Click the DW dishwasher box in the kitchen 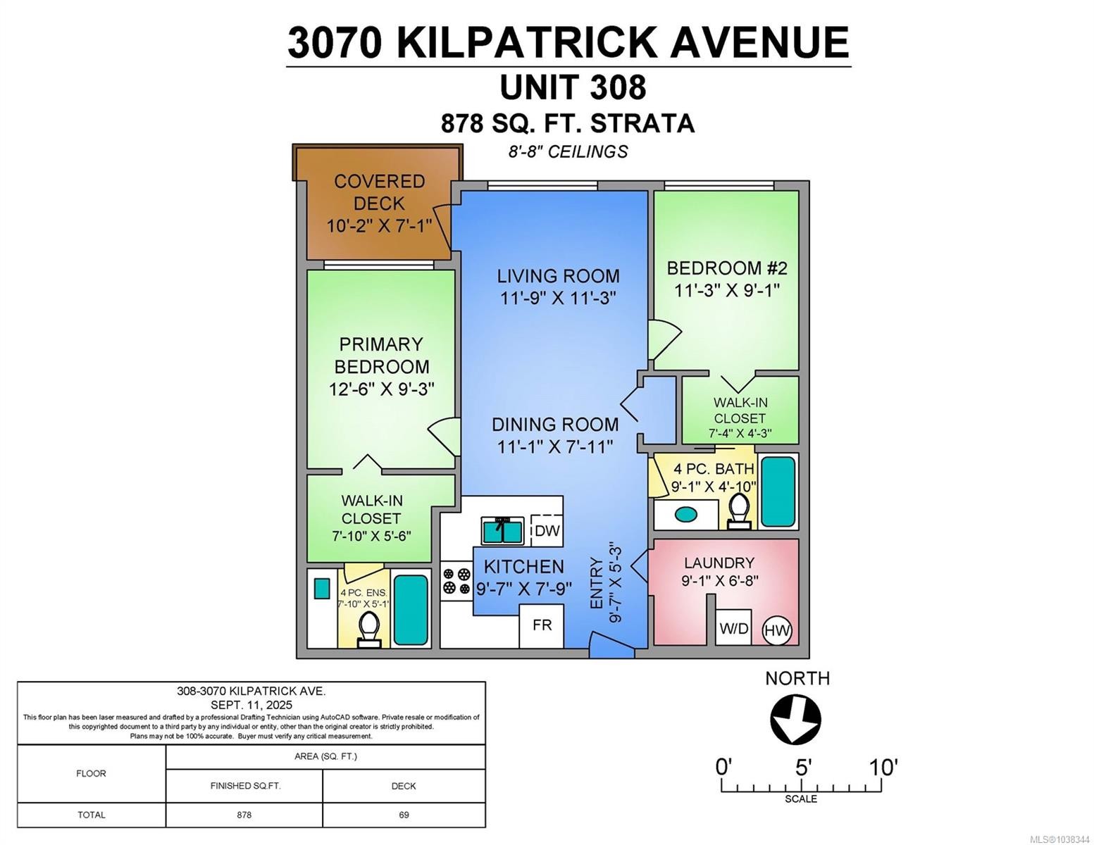pyautogui.click(x=546, y=530)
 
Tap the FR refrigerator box pyautogui.click(x=542, y=625)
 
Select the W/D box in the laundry pyautogui.click(x=733, y=627)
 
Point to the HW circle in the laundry pyautogui.click(x=777, y=630)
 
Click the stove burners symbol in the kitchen pyautogui.click(x=456, y=581)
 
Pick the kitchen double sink pyautogui.click(x=502, y=531)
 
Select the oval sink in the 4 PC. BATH pyautogui.click(x=685, y=514)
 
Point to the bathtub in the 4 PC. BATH pyautogui.click(x=778, y=492)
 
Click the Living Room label pyautogui.click(x=558, y=276)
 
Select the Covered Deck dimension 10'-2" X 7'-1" pyautogui.click(x=379, y=225)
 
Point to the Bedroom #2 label pyautogui.click(x=727, y=268)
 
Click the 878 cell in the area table pyautogui.click(x=244, y=815)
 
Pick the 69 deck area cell pyautogui.click(x=404, y=815)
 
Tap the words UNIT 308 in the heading pyautogui.click(x=573, y=87)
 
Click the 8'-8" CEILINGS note pyautogui.click(x=568, y=151)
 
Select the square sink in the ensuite pyautogui.click(x=322, y=589)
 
